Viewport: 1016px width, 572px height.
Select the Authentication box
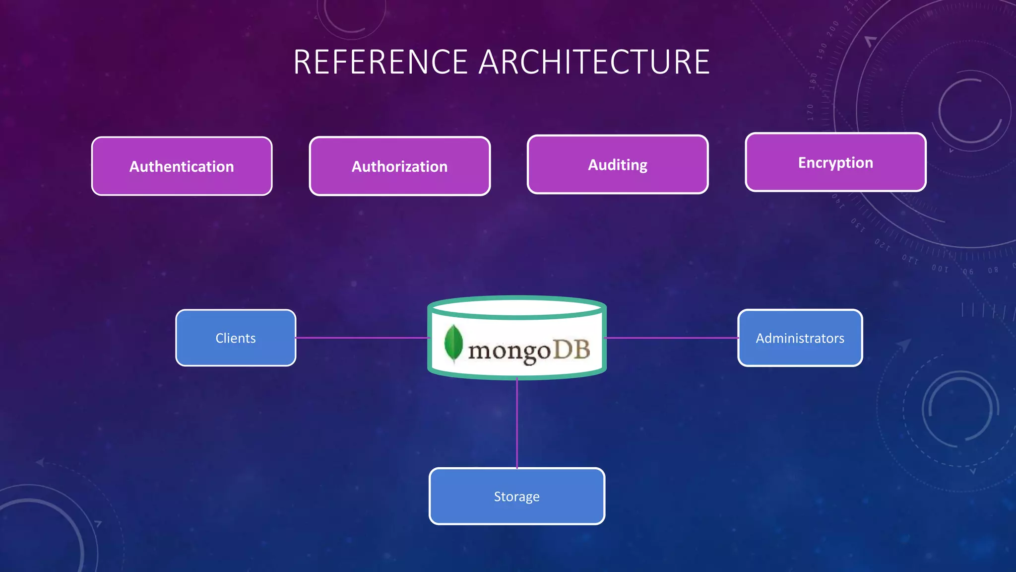click(x=182, y=166)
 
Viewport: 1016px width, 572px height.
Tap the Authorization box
click(x=399, y=166)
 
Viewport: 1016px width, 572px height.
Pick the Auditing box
click(x=618, y=164)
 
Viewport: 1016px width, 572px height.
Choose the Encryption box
click(x=835, y=162)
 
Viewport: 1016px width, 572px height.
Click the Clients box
click(x=236, y=338)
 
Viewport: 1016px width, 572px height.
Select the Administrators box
click(x=800, y=338)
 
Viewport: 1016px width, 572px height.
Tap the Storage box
click(x=516, y=496)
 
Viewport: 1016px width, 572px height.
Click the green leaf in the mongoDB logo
click(x=453, y=343)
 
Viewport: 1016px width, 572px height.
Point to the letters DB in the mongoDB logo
click(x=571, y=350)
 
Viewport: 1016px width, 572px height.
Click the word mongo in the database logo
click(x=509, y=352)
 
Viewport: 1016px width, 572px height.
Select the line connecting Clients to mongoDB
click(x=362, y=338)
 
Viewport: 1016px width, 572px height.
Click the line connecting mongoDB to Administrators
click(x=672, y=338)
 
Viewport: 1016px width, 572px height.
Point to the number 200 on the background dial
click(x=833, y=28)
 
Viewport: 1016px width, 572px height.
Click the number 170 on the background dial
click(x=811, y=112)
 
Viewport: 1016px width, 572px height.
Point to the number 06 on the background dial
click(x=968, y=272)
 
